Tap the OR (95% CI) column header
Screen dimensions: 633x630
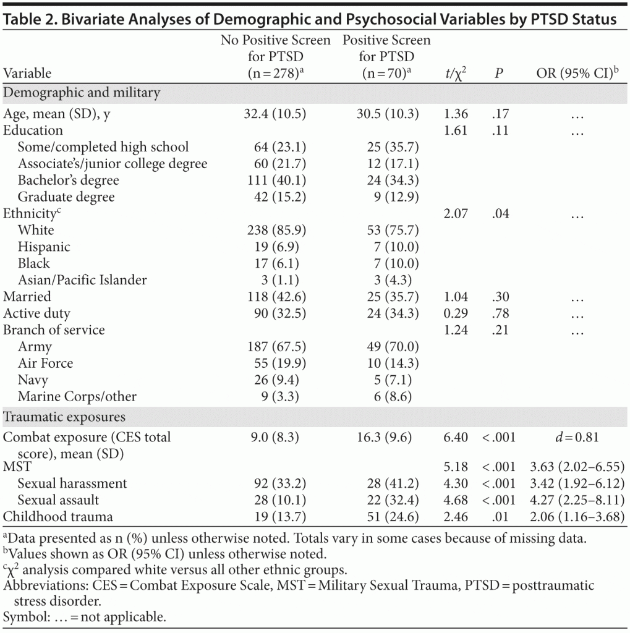(577, 73)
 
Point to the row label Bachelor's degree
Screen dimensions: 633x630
(68, 181)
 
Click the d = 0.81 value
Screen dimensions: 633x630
(577, 438)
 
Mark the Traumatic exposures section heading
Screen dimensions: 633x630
(64, 417)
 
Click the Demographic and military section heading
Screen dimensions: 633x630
(82, 93)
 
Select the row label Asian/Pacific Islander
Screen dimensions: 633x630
(82, 280)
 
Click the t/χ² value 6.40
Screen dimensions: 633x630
(456, 438)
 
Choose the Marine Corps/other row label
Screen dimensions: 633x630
(77, 396)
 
